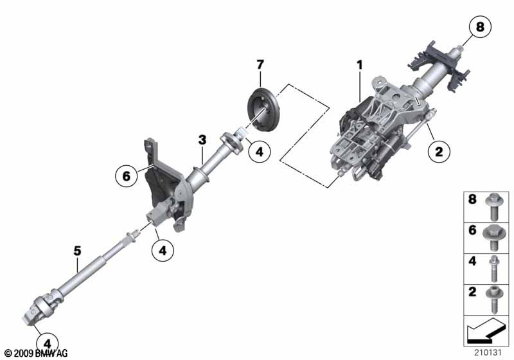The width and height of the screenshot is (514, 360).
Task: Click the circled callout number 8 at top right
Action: tap(480, 26)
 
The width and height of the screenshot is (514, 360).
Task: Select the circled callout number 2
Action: tap(439, 151)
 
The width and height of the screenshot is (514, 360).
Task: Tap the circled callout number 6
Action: tap(126, 176)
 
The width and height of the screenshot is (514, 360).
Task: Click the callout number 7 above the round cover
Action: tap(260, 64)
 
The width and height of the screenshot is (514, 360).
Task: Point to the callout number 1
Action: tap(360, 65)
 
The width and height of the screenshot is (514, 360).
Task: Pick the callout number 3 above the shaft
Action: tap(202, 139)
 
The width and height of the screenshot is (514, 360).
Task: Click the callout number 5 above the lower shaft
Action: tap(77, 251)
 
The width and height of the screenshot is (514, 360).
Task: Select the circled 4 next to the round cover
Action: tap(260, 152)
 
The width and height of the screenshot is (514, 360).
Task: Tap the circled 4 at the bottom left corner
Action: tap(48, 344)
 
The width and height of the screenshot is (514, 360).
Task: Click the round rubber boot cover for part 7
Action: tap(263, 110)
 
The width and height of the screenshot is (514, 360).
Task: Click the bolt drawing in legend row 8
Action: tap(493, 207)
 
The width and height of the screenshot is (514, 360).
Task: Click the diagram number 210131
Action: tap(488, 352)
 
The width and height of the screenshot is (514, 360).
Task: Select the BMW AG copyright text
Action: tap(37, 353)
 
